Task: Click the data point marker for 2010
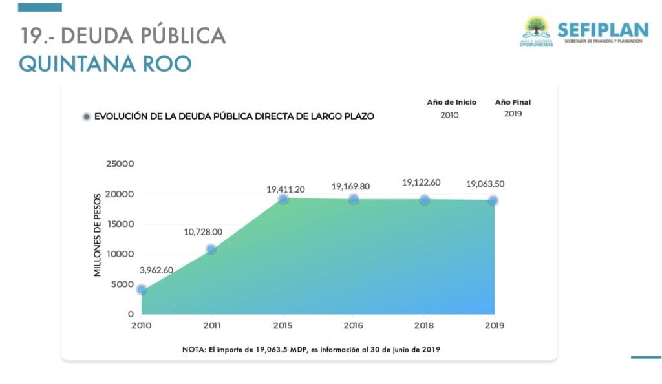[x=142, y=290]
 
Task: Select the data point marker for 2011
[x=211, y=249]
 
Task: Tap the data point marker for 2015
[x=283, y=199]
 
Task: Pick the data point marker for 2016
[x=354, y=199]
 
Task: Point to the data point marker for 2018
[x=424, y=200]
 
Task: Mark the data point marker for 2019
[x=493, y=200]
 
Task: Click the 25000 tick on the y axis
[x=120, y=164]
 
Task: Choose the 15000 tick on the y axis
[x=120, y=224]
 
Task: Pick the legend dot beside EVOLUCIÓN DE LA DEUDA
[x=85, y=117]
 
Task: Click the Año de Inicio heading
[x=451, y=102]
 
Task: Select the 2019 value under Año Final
[x=513, y=114]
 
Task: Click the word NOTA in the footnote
[x=194, y=350]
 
